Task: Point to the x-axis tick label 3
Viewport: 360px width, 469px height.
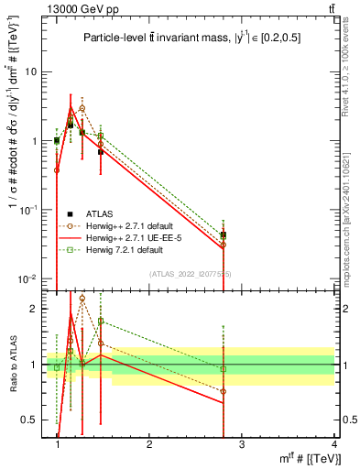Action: [242, 444]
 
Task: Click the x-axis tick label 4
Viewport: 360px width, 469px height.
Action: [334, 444]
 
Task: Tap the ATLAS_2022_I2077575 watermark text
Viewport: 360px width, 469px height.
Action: [191, 274]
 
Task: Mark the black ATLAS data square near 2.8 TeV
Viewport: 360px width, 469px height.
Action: [224, 235]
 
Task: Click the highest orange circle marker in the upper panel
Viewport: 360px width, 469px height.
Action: [82, 107]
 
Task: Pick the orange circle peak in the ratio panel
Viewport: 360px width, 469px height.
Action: [82, 298]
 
